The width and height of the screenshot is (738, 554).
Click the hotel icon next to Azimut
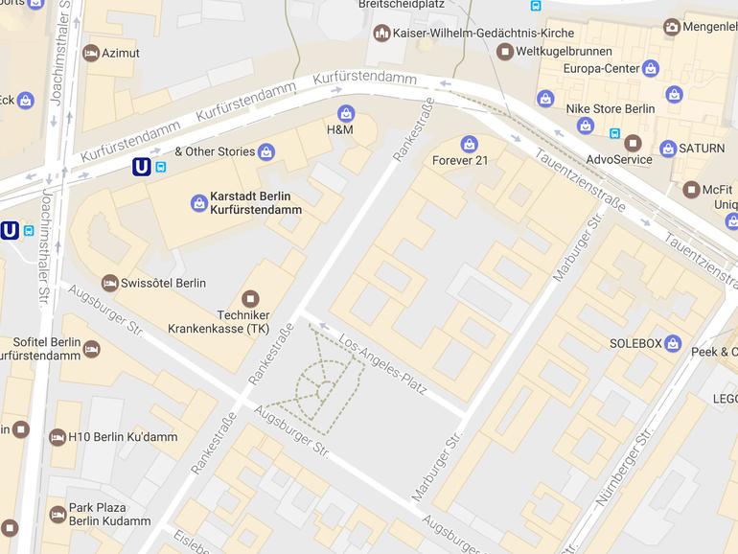click(x=91, y=53)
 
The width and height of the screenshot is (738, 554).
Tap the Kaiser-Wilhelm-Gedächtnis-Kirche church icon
click(x=382, y=34)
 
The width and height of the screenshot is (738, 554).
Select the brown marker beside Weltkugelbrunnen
click(x=504, y=51)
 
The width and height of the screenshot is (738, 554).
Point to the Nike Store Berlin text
click(x=611, y=108)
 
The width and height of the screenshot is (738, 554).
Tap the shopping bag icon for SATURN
click(x=668, y=149)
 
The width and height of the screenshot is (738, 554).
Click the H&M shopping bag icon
click(x=346, y=113)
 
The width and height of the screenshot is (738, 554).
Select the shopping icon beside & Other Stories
click(x=266, y=151)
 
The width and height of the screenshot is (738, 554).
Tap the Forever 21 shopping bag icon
click(x=469, y=144)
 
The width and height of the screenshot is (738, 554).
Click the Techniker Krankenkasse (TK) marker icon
click(x=250, y=299)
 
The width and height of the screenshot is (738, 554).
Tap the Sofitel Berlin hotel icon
click(x=91, y=349)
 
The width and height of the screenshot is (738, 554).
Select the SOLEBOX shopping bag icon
click(x=673, y=343)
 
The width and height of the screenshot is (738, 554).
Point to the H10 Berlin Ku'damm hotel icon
click(x=58, y=436)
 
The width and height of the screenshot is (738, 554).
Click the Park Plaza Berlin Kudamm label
click(x=109, y=515)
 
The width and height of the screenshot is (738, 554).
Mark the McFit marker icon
click(x=691, y=189)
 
